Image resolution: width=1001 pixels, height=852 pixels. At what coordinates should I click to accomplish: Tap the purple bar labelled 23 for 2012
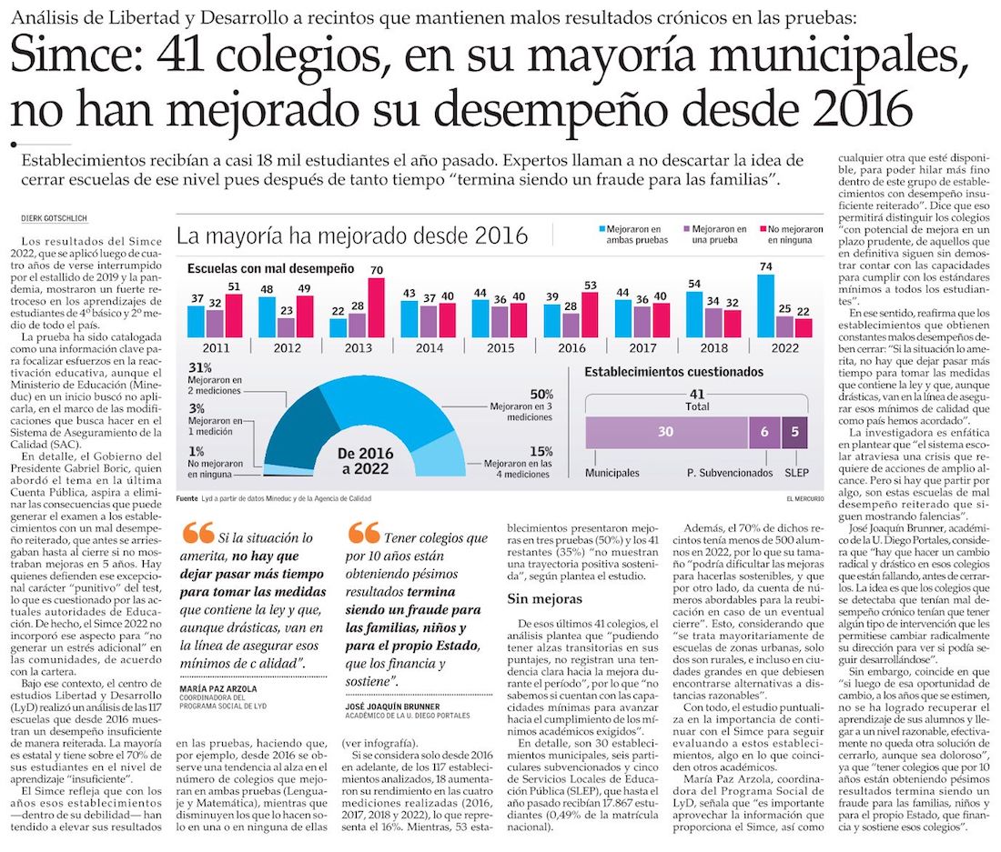pyautogui.click(x=286, y=326)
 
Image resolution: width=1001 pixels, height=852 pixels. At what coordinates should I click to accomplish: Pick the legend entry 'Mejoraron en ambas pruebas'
pyautogui.click(x=631, y=235)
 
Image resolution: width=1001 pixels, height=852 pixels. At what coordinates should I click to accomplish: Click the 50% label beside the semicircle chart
pyautogui.click(x=541, y=394)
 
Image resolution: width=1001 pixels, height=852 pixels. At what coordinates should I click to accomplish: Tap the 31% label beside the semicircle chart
pyautogui.click(x=199, y=367)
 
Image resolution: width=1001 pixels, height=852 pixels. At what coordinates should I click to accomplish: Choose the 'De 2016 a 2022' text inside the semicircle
pyautogui.click(x=363, y=461)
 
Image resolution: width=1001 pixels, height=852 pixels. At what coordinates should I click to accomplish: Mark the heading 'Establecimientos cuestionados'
pyautogui.click(x=673, y=372)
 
